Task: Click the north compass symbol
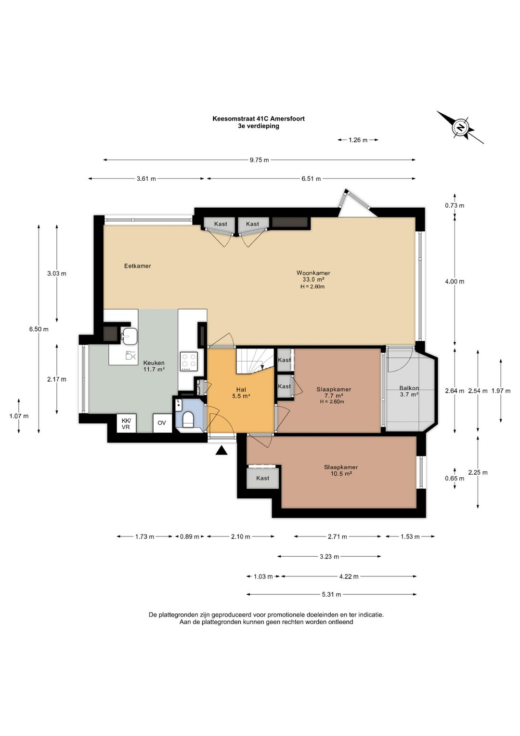460,127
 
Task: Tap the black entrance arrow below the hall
221,451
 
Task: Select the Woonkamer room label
313,273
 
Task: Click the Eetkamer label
138,266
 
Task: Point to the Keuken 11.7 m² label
154,366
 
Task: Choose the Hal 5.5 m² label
241,393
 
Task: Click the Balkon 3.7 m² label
409,391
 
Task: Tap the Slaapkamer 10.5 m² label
341,470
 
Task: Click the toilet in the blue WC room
188,420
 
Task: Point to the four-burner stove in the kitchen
189,361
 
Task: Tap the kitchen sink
130,336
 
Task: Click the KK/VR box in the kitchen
126,424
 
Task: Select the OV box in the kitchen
162,423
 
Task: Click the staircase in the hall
255,361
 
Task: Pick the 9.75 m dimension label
260,160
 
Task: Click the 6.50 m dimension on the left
39,329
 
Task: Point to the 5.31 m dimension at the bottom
331,594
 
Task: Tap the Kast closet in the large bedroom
262,478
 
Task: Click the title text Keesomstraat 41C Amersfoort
259,118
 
